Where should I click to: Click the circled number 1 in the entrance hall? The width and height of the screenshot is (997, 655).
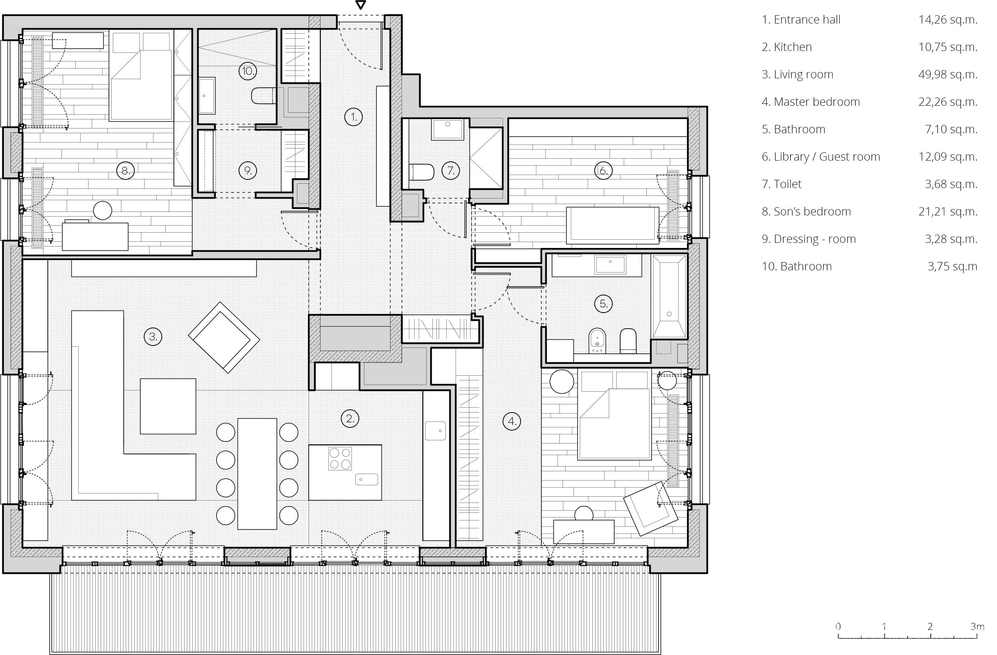click(x=354, y=117)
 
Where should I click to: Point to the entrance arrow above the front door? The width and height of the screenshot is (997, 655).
click(x=360, y=5)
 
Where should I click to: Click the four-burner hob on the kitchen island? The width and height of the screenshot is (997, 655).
click(x=340, y=459)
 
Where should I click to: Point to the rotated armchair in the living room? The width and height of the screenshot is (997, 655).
click(x=224, y=337)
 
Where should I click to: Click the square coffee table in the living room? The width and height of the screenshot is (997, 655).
click(x=168, y=406)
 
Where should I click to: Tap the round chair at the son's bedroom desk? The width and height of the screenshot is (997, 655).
click(x=103, y=210)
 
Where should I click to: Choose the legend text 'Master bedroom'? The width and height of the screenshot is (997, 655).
click(x=816, y=102)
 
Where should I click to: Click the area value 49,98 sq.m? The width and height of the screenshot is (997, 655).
click(x=948, y=74)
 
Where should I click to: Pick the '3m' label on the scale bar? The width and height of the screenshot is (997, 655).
click(x=977, y=626)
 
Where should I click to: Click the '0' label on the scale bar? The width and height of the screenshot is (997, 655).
click(x=838, y=626)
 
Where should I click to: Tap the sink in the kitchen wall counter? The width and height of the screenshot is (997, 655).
click(x=435, y=431)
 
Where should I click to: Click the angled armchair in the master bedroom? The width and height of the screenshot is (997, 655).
click(x=650, y=508)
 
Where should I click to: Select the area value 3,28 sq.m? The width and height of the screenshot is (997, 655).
click(x=950, y=239)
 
